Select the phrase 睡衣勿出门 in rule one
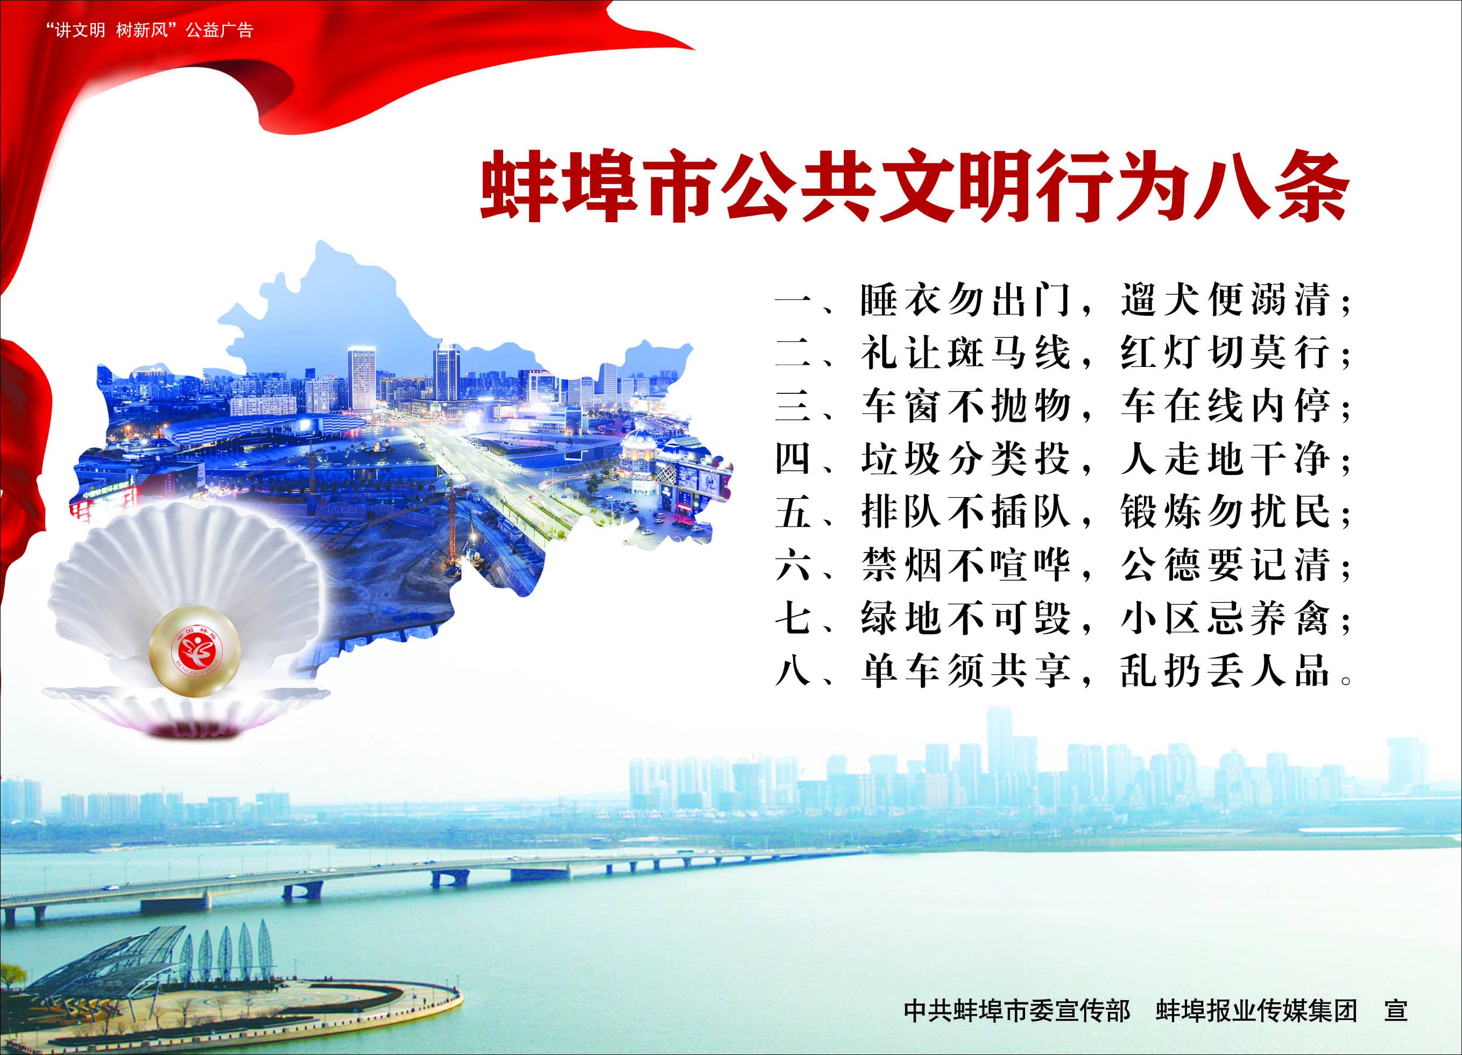tap(966, 300)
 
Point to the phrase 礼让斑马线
tap(966, 352)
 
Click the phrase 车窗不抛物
tap(966, 406)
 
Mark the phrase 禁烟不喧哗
tap(966, 565)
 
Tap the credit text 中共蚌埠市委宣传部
tap(1016, 1010)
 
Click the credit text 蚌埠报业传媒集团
tap(1257, 1010)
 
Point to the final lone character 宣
tap(1396, 1010)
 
